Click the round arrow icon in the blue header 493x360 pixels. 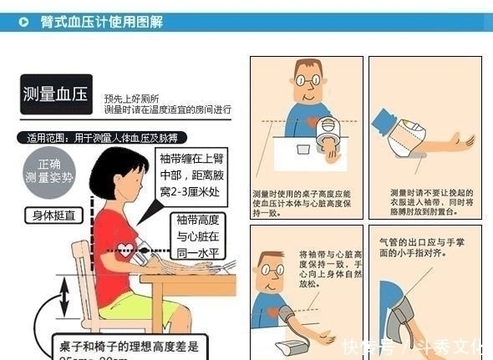coord(28,23)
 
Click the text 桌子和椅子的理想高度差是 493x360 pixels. coord(130,345)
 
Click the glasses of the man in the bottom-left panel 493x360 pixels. coord(271,271)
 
